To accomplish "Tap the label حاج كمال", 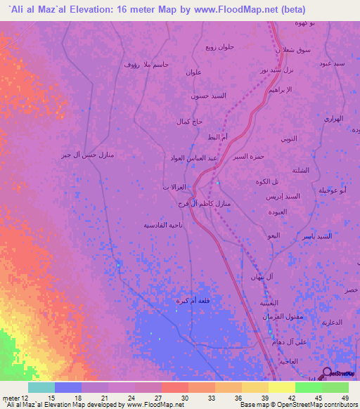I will coord(189,121).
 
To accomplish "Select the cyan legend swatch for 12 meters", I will coord(41,387).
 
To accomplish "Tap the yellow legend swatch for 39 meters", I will coord(255,387).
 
